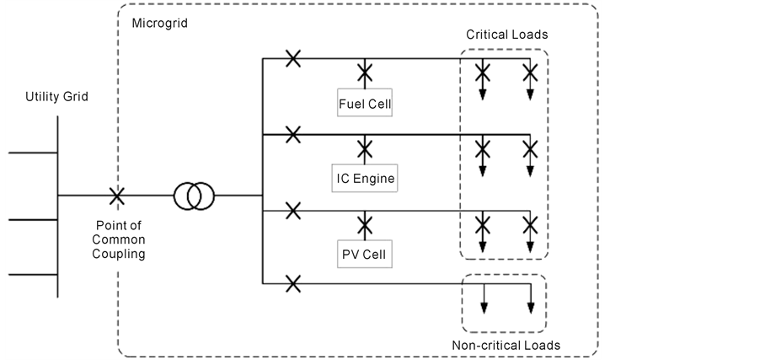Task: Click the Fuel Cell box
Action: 365,104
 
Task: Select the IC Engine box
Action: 365,178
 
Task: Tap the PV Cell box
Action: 365,253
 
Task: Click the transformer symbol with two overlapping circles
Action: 194,197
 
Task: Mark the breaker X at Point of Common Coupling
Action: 117,196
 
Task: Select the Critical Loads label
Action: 506,34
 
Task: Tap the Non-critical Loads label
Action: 506,346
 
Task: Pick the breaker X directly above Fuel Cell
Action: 365,73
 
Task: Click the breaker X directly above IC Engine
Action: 365,148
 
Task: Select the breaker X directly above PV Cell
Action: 365,223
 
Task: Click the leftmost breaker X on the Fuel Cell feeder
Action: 292,58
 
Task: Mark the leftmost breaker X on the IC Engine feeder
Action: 292,133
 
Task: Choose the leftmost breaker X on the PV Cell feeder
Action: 292,209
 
